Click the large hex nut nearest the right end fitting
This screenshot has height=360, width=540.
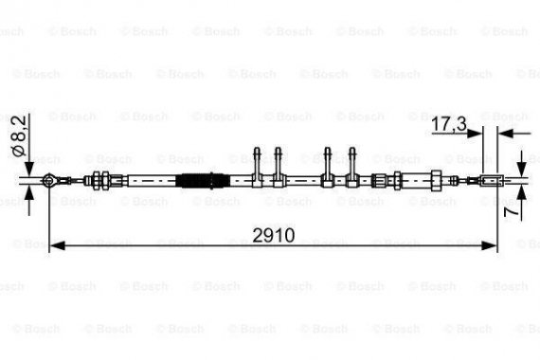tap(434, 179)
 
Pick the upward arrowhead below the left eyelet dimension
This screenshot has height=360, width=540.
tap(30, 192)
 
